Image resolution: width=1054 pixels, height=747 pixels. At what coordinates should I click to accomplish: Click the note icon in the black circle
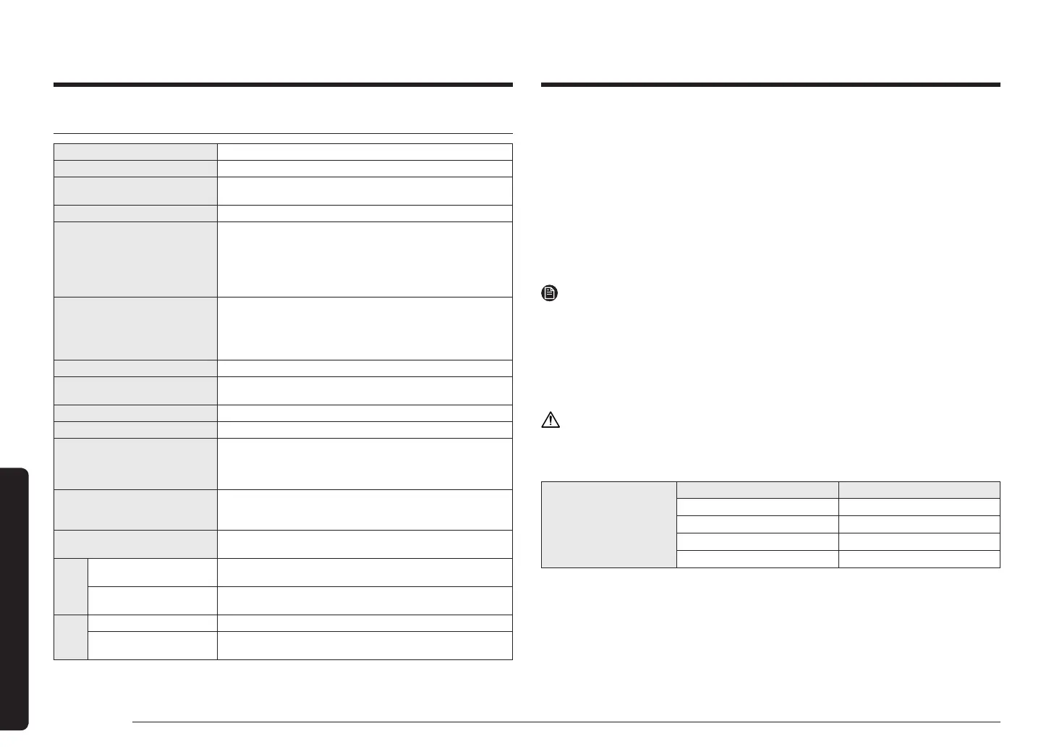click(x=550, y=294)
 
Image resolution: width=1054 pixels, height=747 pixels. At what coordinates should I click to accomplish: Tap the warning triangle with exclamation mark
click(x=551, y=420)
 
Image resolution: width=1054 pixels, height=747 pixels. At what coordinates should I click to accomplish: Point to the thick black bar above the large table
click(x=283, y=85)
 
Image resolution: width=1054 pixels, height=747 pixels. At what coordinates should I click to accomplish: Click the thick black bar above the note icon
click(x=770, y=85)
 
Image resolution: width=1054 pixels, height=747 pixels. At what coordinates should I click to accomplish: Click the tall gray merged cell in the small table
click(x=608, y=524)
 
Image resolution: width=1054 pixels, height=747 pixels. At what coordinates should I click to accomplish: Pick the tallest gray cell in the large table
click(x=136, y=259)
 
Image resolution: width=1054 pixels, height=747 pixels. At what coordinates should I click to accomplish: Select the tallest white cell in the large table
click(x=365, y=259)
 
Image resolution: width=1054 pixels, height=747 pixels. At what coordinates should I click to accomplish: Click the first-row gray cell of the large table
click(x=136, y=151)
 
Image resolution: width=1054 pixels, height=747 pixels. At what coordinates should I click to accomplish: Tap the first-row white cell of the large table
click(x=365, y=151)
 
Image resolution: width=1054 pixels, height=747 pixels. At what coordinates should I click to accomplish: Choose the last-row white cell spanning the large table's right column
click(x=365, y=646)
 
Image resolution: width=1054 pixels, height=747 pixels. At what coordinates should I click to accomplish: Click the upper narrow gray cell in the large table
click(x=71, y=586)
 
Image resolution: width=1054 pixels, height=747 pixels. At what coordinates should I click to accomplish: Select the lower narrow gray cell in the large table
click(x=71, y=637)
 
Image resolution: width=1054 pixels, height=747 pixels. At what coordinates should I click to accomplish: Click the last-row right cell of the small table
click(x=919, y=559)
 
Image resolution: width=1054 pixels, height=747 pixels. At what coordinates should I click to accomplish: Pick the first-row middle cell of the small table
click(x=757, y=489)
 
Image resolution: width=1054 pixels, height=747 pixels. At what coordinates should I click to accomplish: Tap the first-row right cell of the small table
click(x=919, y=489)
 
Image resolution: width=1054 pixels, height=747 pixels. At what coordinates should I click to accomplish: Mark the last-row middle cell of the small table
click(x=757, y=559)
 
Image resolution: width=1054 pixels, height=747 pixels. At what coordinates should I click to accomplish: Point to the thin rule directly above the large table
click(x=283, y=133)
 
